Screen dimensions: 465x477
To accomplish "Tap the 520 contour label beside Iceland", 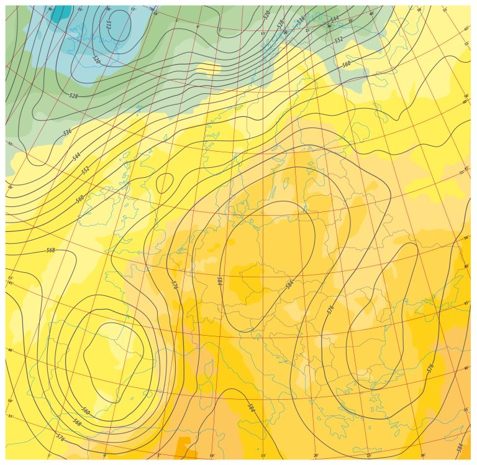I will click(x=96, y=60).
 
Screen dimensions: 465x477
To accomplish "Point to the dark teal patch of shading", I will click(x=60, y=12).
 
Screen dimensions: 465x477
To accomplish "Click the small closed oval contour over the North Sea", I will click(x=165, y=183).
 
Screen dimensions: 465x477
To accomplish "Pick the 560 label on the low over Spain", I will click(x=86, y=412).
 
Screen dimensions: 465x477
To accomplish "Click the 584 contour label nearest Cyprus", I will click(x=460, y=447).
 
